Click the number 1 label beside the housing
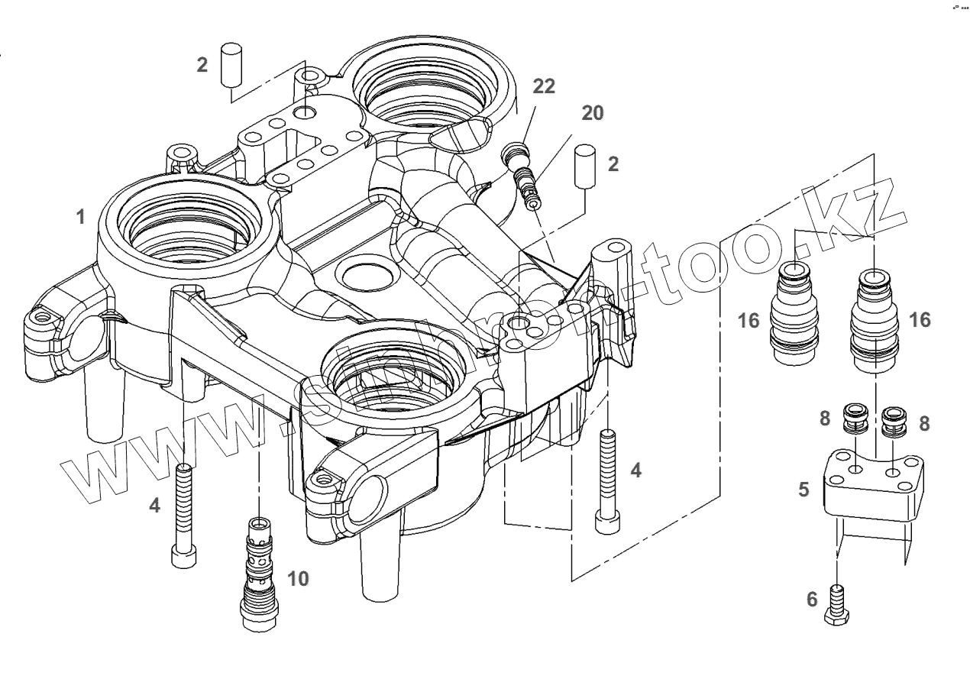[80, 218]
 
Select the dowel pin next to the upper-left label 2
[231, 65]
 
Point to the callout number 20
[592, 114]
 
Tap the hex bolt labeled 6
[838, 603]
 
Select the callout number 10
[298, 579]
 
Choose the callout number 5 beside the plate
[803, 489]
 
